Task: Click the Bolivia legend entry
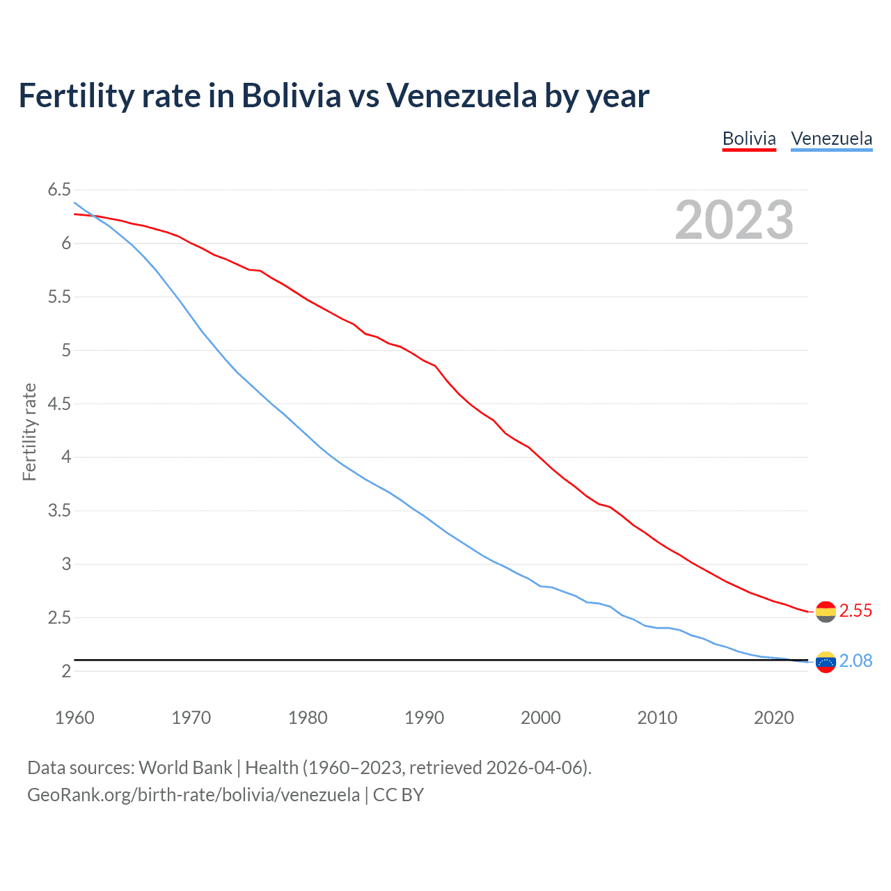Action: pos(749,139)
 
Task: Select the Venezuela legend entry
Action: pos(831,139)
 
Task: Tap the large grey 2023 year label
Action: pos(734,220)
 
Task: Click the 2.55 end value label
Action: pos(855,610)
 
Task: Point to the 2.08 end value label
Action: pos(855,661)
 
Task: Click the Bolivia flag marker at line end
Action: pos(826,612)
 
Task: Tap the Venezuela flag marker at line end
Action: pos(826,662)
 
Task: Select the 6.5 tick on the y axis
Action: pos(59,190)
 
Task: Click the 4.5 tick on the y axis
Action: pos(59,404)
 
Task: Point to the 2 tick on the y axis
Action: pos(66,671)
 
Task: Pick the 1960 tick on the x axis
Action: pos(74,718)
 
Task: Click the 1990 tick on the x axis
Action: pos(424,718)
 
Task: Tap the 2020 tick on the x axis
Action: pos(773,718)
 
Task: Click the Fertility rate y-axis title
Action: pos(29,432)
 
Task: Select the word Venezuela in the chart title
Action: pos(462,95)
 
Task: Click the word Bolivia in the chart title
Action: pos(291,95)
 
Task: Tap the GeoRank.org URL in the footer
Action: pos(194,795)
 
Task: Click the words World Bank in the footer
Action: pos(185,768)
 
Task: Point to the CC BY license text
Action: pos(398,795)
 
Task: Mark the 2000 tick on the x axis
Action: pos(541,718)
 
